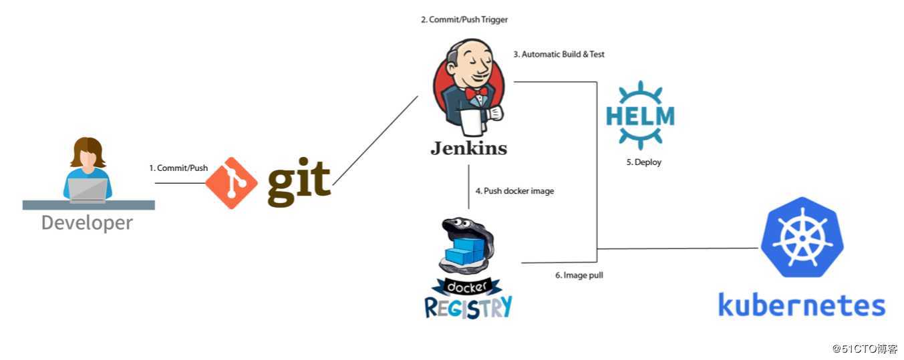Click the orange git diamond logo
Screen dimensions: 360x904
click(x=231, y=182)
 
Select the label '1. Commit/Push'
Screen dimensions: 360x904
click(x=178, y=168)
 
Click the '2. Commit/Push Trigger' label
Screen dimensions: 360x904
click(x=464, y=20)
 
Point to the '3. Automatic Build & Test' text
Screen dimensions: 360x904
click(x=559, y=54)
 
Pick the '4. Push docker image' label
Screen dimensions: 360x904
click(x=514, y=191)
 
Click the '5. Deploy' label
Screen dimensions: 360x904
click(x=643, y=162)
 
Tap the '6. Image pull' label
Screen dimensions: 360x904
click(x=579, y=275)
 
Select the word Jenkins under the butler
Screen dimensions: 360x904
click(x=468, y=148)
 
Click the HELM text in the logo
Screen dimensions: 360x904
click(x=640, y=116)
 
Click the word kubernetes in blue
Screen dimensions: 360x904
click(x=802, y=305)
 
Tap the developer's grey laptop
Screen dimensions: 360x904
click(x=88, y=190)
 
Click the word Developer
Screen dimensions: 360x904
click(x=87, y=222)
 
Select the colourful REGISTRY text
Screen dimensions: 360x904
click(x=468, y=307)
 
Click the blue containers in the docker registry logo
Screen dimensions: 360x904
click(x=465, y=252)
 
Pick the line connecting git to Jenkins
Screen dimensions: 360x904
click(x=375, y=141)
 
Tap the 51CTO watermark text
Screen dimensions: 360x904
click(x=865, y=349)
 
